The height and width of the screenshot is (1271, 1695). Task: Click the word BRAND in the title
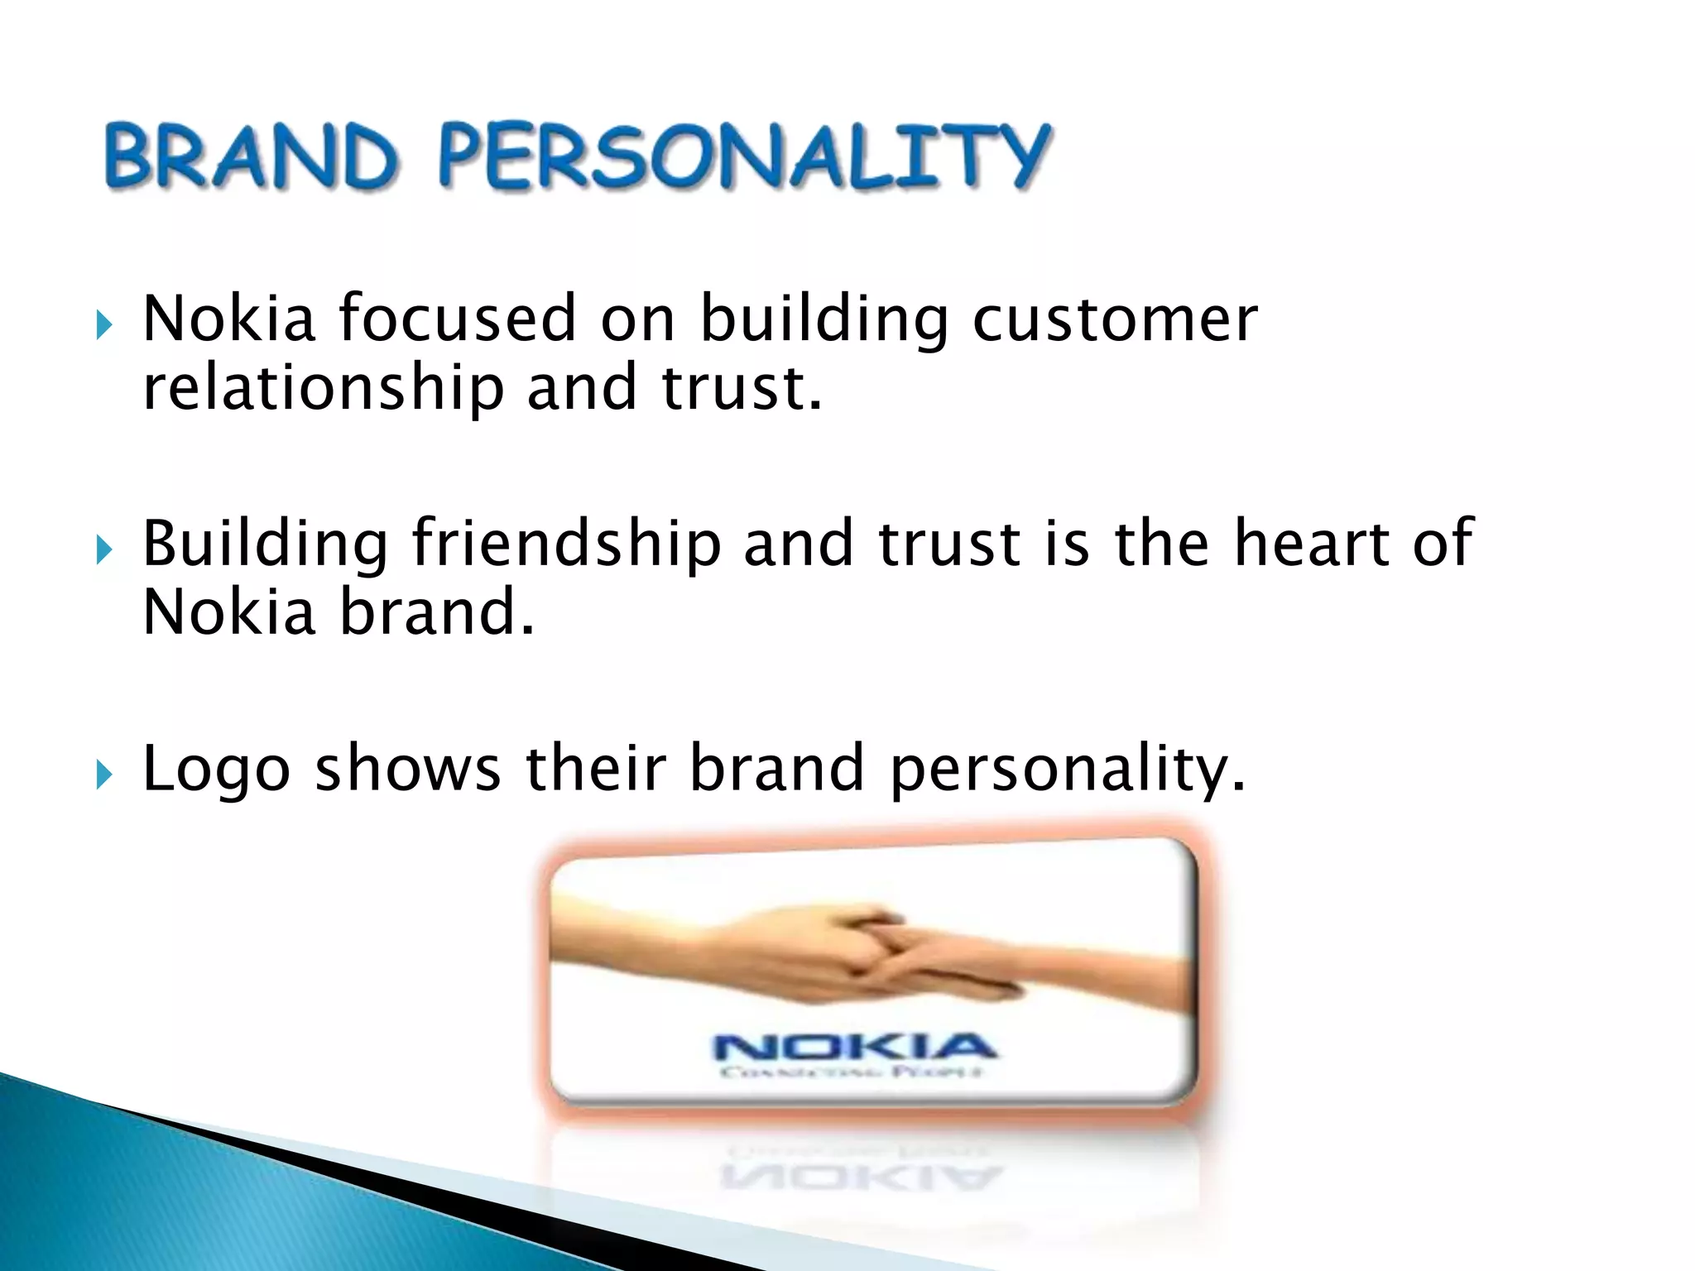[x=250, y=156]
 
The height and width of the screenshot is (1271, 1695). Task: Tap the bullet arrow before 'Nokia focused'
[x=103, y=324]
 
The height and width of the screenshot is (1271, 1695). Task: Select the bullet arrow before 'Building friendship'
[x=103, y=549]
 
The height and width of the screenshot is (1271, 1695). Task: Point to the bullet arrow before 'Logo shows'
[x=103, y=775]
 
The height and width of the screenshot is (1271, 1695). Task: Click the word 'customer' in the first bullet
[x=1114, y=319]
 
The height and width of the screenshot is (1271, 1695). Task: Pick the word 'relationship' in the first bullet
[x=323, y=389]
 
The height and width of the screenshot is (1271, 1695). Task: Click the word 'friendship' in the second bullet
[x=566, y=544]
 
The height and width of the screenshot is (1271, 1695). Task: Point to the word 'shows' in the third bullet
[x=407, y=770]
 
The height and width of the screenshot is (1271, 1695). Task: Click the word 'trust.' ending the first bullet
[x=742, y=389]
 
